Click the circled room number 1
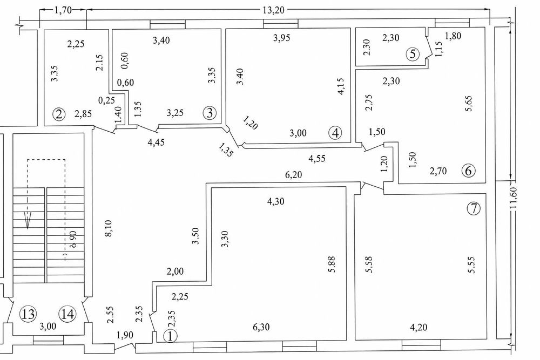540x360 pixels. tap(171, 336)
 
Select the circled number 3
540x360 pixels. tap(210, 113)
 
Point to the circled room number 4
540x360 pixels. tap(336, 132)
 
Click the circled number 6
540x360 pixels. tap(468, 171)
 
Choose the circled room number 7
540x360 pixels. tap(474, 209)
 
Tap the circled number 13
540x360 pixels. tap(28, 314)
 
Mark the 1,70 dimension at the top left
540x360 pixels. tap(64, 9)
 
